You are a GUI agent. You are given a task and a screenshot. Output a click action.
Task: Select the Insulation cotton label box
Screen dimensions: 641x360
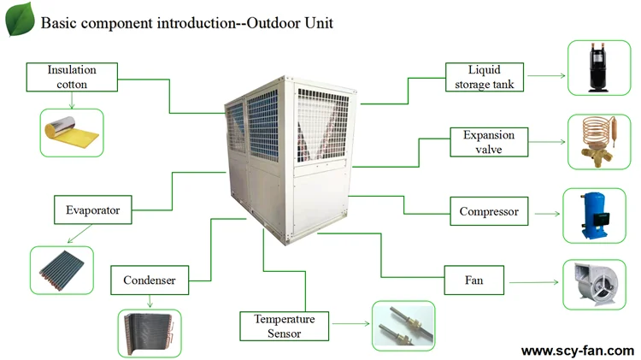point(72,76)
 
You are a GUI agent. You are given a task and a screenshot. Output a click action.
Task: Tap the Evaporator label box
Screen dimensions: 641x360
point(92,210)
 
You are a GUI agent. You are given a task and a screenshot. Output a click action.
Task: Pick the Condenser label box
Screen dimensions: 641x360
point(149,280)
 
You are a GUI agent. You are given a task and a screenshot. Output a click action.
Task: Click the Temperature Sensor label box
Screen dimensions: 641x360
point(284,326)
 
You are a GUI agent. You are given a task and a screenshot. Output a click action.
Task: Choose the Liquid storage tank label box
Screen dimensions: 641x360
point(483,76)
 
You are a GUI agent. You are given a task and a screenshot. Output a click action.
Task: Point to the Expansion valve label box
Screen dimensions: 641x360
point(489,142)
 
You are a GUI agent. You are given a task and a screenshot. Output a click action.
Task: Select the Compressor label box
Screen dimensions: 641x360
point(489,211)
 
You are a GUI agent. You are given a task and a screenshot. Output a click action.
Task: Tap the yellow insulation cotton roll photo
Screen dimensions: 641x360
point(72,132)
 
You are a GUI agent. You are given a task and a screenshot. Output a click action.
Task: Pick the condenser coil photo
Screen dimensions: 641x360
point(149,332)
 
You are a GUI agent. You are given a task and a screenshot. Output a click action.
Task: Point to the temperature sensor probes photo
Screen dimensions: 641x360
point(403,325)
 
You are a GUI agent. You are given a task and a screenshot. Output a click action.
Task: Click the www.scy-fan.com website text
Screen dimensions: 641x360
point(578,351)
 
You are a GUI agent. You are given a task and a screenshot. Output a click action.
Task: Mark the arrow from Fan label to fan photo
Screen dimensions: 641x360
point(532,279)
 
